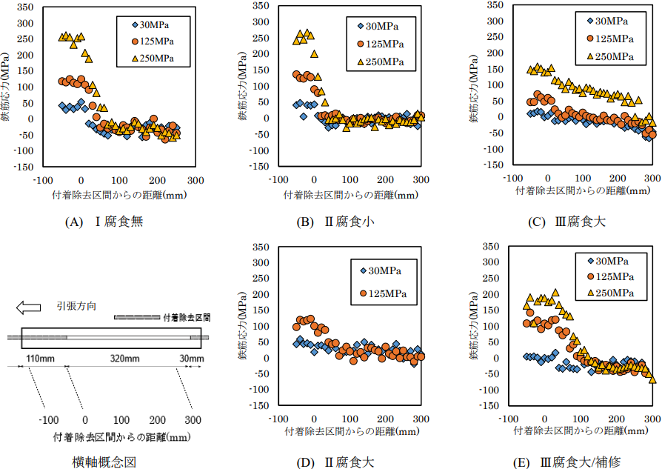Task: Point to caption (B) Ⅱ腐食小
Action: [338, 222]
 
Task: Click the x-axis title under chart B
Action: [350, 196]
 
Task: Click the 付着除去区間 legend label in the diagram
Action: [187, 316]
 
